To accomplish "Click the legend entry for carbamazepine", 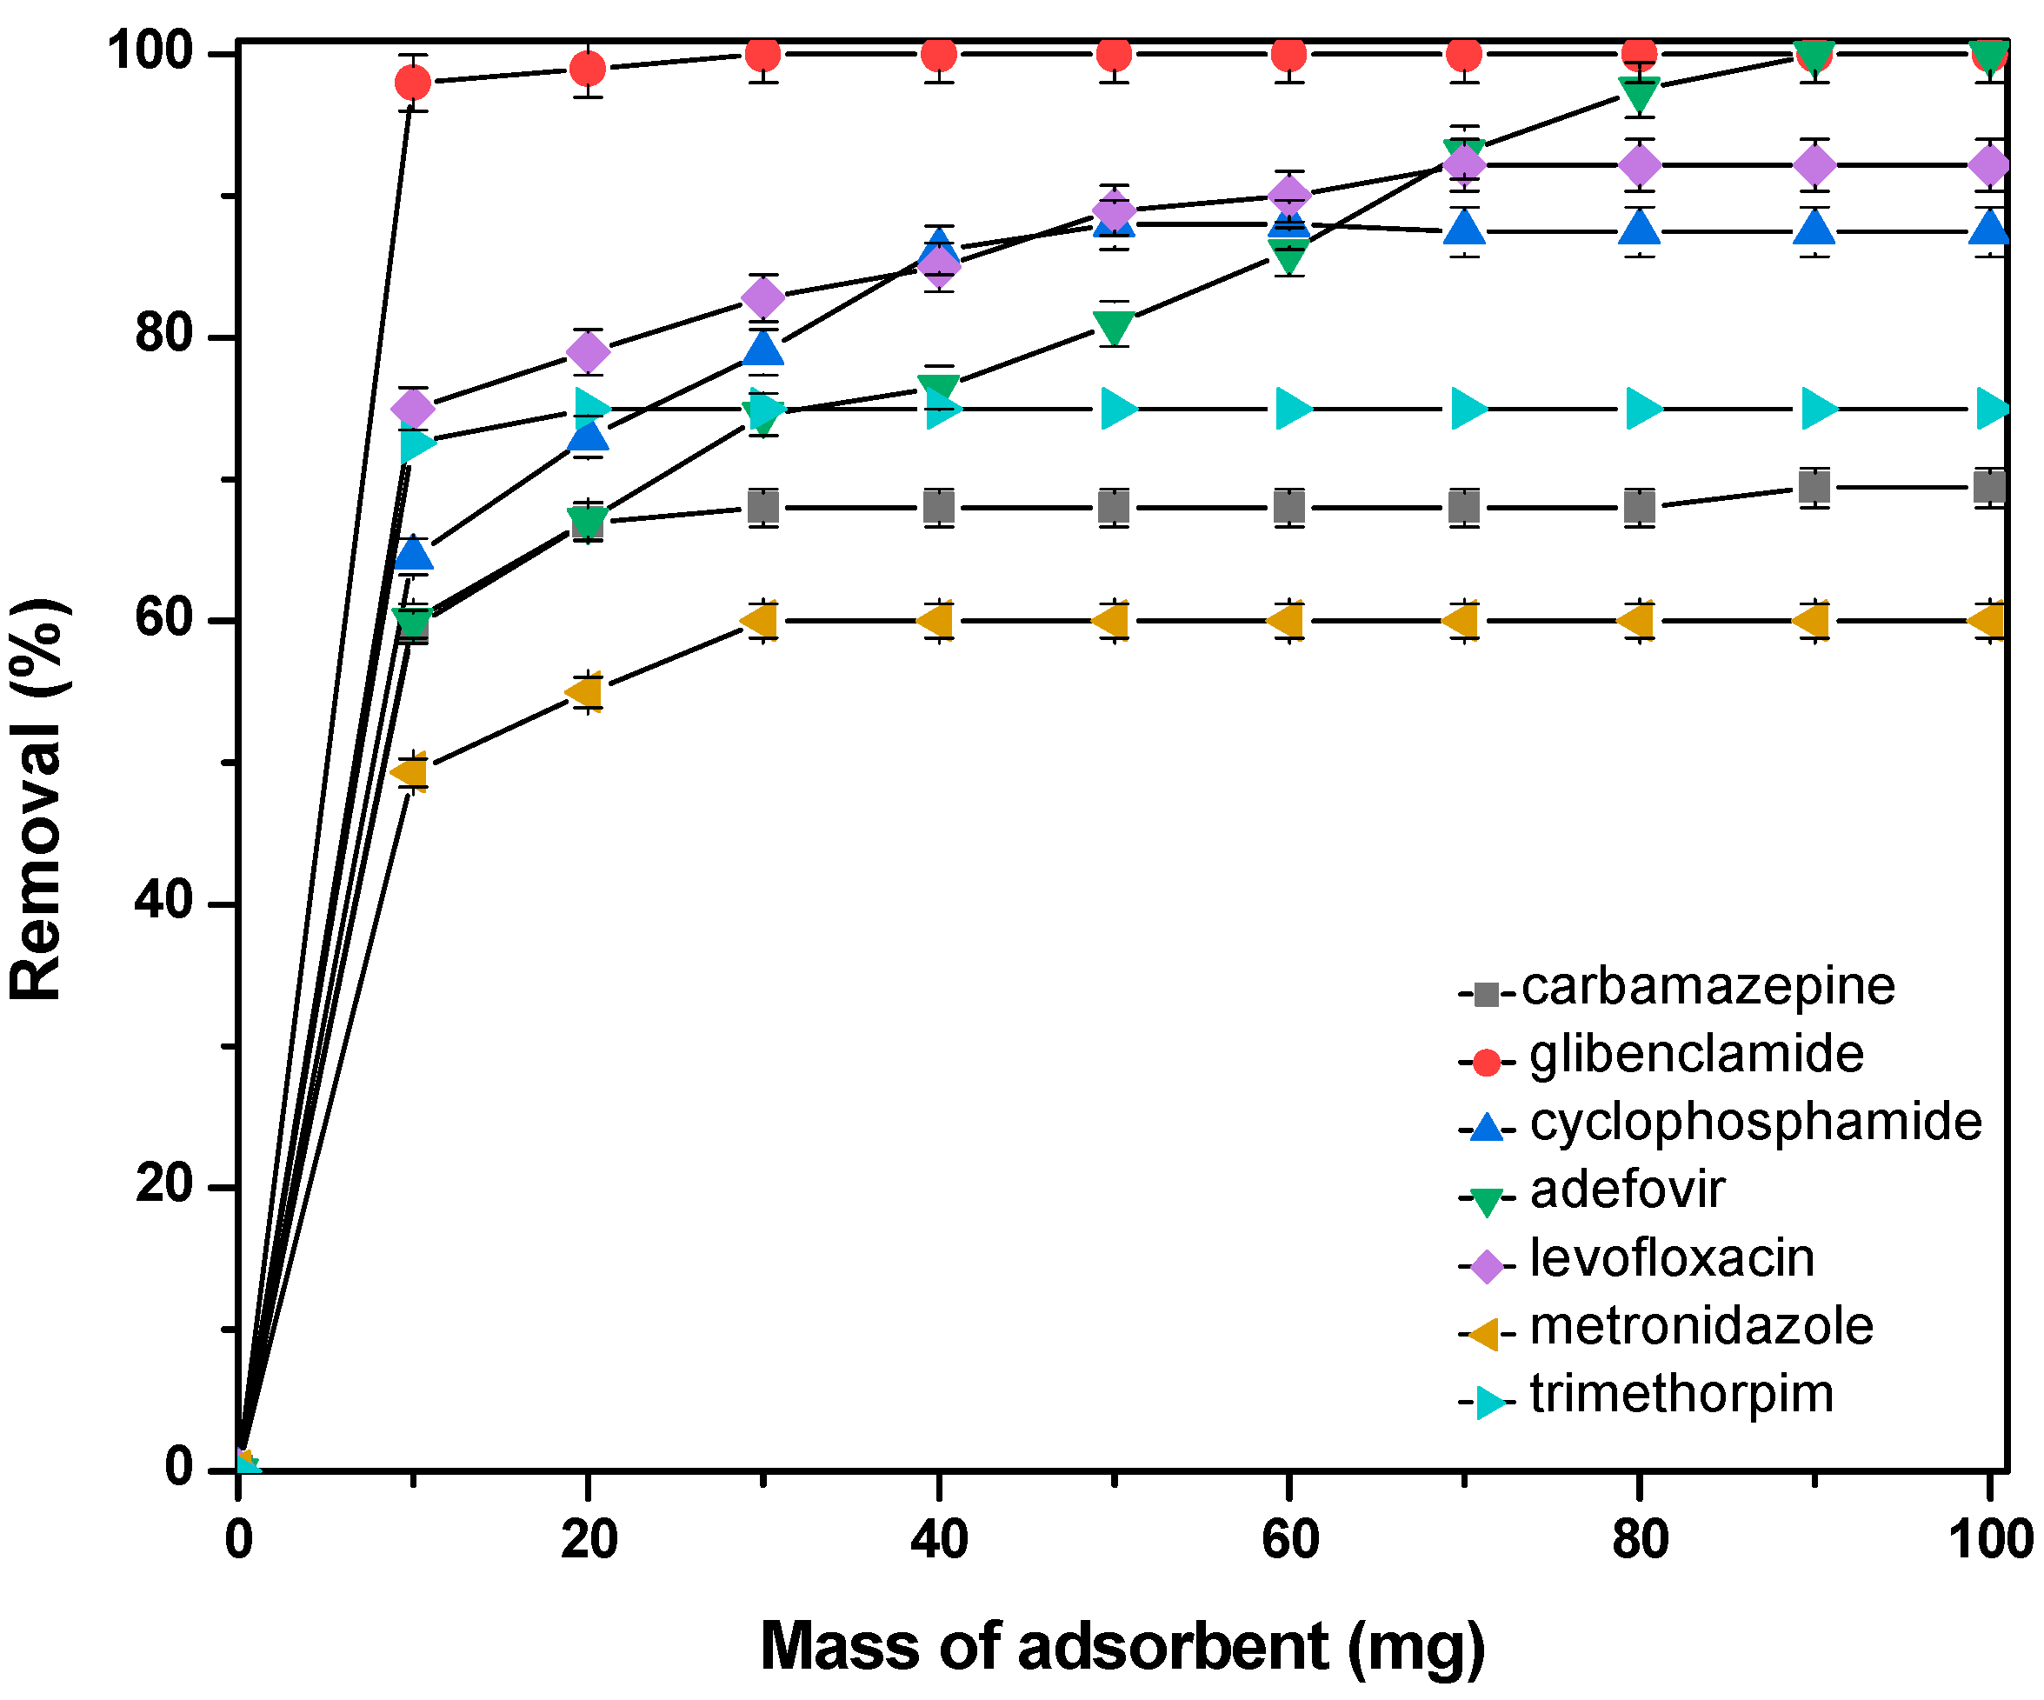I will coord(1708,987).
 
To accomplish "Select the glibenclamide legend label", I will coord(1695,1055).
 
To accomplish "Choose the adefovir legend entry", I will coord(1627,1190).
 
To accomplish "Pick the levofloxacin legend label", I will coord(1671,1259).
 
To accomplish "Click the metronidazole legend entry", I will coord(1701,1327).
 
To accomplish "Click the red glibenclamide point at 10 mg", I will coord(413,83).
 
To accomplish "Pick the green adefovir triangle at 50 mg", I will coord(1114,327).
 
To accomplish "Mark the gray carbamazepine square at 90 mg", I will coord(1814,487).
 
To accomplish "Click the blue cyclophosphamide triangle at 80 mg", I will coord(1640,228).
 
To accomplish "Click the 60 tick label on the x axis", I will coord(1288,1540).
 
